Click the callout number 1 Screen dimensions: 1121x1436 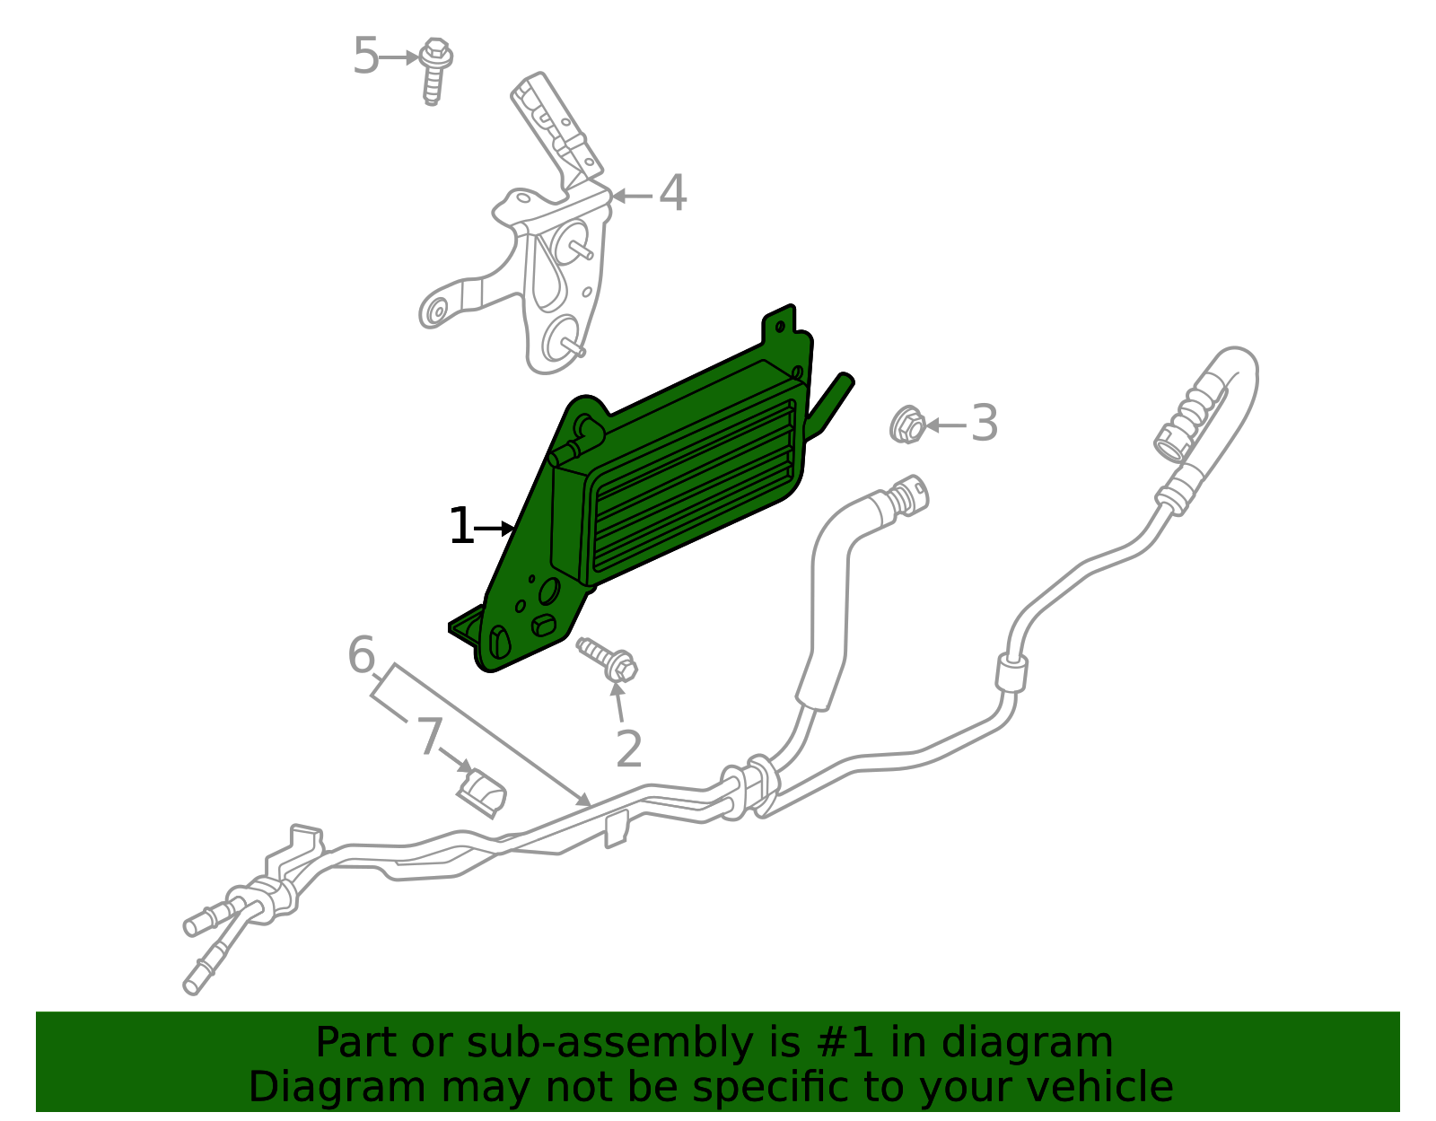460,527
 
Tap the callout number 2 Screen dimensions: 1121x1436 629,749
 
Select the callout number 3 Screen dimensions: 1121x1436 985,424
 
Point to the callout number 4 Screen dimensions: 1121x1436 672,194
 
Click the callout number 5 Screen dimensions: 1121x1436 365,57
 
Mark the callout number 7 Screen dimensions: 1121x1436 429,736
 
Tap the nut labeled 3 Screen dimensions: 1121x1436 907,425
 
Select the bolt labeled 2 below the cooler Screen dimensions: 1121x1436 608,658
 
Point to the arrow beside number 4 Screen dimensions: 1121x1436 632,196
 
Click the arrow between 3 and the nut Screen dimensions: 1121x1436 945,425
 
